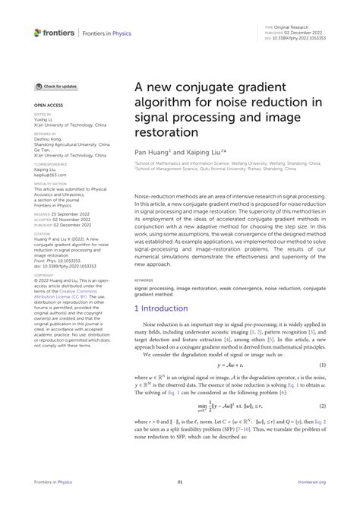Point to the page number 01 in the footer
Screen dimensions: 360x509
tap(180, 482)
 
